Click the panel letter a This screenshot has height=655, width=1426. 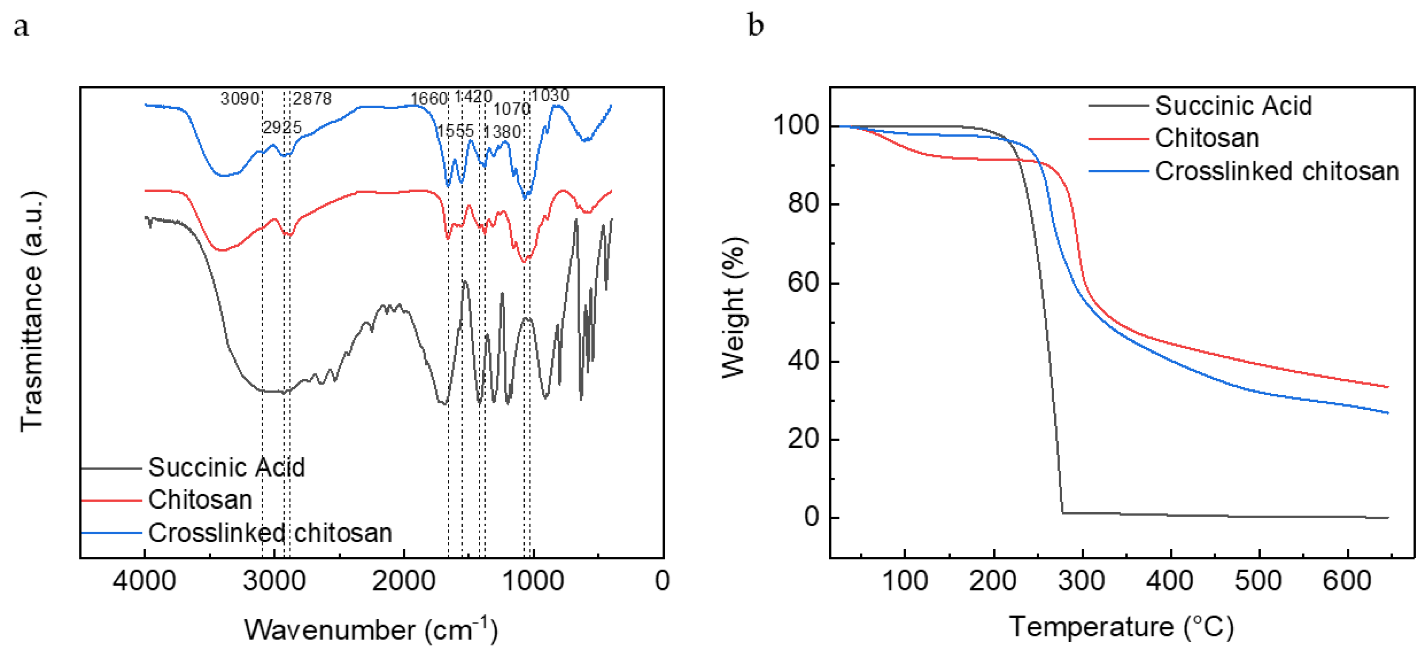tap(21, 27)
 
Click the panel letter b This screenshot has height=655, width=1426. tap(755, 25)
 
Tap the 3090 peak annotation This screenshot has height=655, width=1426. tap(240, 99)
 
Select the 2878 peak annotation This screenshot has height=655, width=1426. tap(312, 99)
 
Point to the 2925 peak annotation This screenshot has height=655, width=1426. tap(282, 128)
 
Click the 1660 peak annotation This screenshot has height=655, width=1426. tap(428, 99)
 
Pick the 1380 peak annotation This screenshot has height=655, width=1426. tap(502, 132)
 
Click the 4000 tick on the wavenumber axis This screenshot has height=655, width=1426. tap(145, 581)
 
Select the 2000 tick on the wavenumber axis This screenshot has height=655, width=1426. tap(404, 581)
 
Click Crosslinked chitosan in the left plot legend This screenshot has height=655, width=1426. tap(270, 533)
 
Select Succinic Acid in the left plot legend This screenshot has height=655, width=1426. tap(226, 467)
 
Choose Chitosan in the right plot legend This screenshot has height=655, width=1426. tap(1207, 138)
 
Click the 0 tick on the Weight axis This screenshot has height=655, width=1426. tap(812, 517)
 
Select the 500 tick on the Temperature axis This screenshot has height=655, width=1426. tap(1258, 581)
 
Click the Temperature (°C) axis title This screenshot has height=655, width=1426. tap(1121, 627)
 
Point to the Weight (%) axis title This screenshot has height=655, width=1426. tap(735, 308)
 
